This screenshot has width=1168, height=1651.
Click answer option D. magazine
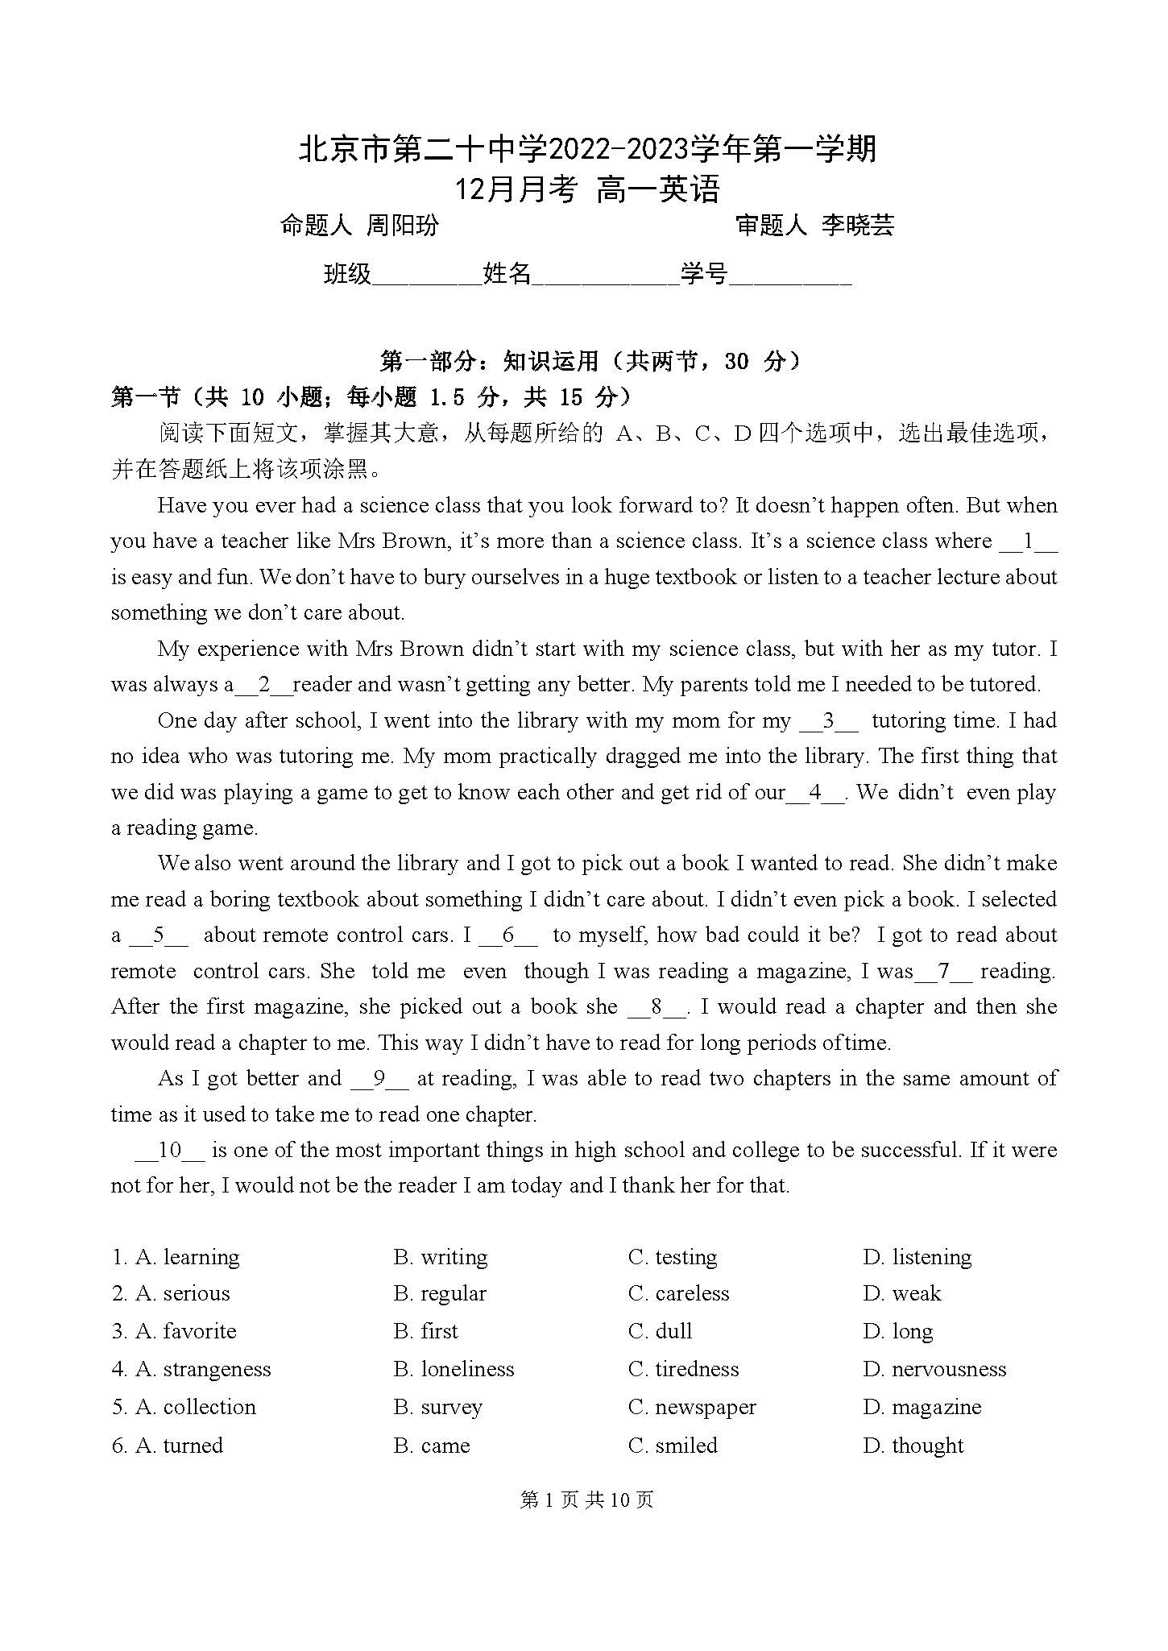(x=922, y=1407)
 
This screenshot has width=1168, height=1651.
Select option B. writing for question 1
(x=440, y=1257)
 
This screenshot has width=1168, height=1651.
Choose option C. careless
(x=678, y=1293)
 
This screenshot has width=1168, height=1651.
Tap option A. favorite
(x=174, y=1331)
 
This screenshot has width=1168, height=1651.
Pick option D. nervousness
(x=934, y=1369)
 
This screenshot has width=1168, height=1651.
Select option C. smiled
(x=673, y=1446)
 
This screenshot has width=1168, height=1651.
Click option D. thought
(x=913, y=1446)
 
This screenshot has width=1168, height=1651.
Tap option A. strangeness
(x=192, y=1369)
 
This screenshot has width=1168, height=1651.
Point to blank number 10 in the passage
(x=170, y=1150)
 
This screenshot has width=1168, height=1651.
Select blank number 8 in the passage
(x=656, y=1006)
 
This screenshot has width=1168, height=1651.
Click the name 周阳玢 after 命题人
(x=403, y=225)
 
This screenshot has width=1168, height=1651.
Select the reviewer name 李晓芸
(x=858, y=225)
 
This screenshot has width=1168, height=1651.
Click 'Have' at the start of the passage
(x=181, y=505)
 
